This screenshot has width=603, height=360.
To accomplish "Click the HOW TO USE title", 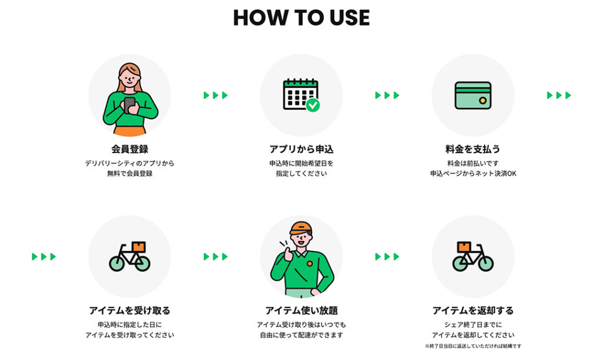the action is point(301,18).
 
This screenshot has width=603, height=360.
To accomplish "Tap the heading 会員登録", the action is point(130,149).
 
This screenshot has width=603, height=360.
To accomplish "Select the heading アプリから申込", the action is point(301,149).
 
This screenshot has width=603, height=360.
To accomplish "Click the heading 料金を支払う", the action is point(473,149).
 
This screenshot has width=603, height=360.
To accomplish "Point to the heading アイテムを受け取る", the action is point(130,311).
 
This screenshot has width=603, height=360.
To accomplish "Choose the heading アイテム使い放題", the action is point(301,311).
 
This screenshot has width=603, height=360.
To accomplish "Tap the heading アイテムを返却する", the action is point(473,311).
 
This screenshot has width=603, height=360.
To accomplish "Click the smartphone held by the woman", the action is point(130,105).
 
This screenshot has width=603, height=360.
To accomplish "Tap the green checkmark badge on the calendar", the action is point(313,105).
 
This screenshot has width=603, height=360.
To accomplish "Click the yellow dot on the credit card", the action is point(483,101).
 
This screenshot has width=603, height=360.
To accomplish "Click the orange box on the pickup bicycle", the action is point(138,246).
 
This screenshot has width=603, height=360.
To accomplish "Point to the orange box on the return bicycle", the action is point(464,246).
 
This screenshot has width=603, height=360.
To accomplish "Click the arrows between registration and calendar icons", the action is point(216,95).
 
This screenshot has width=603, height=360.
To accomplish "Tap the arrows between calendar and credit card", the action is point(387,95).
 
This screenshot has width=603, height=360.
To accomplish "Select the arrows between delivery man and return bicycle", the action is point(387,256).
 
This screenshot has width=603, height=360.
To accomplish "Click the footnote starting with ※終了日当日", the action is point(473,346).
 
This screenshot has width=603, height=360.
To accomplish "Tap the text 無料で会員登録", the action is point(130,173).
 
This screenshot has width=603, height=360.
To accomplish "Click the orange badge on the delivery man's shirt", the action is point(310,263).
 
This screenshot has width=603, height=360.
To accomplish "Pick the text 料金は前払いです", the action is point(473,163).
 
